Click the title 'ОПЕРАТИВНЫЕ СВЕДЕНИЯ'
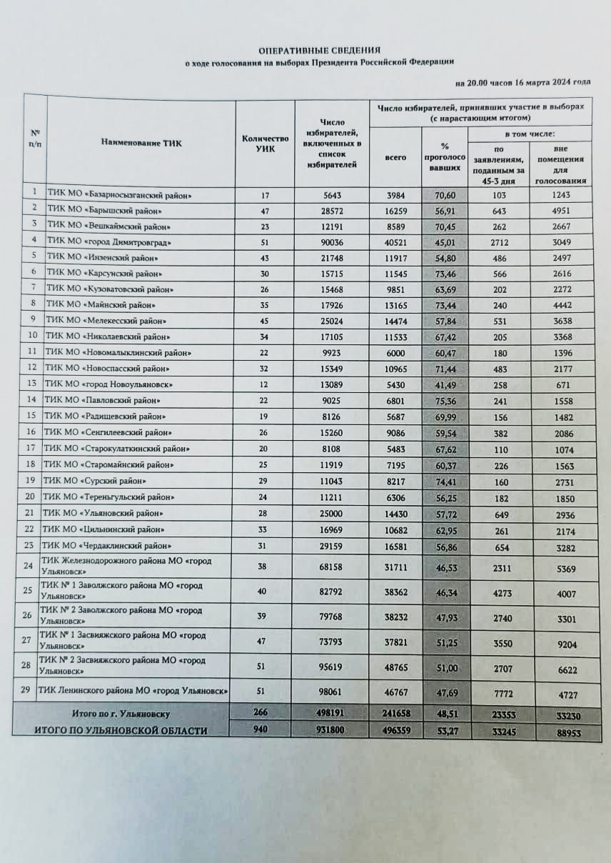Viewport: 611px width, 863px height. point(319,51)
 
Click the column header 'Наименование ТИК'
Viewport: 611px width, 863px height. point(141,143)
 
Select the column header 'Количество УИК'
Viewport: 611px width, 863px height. point(265,143)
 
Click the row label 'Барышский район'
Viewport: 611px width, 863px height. point(109,211)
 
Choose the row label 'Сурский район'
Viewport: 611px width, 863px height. point(104,481)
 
